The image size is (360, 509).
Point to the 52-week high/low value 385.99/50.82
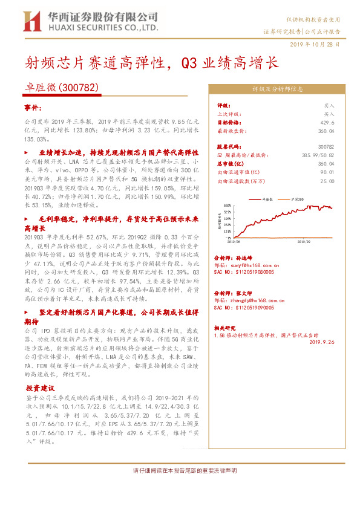[x=319, y=155]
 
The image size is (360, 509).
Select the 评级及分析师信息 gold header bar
[x=278, y=88]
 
